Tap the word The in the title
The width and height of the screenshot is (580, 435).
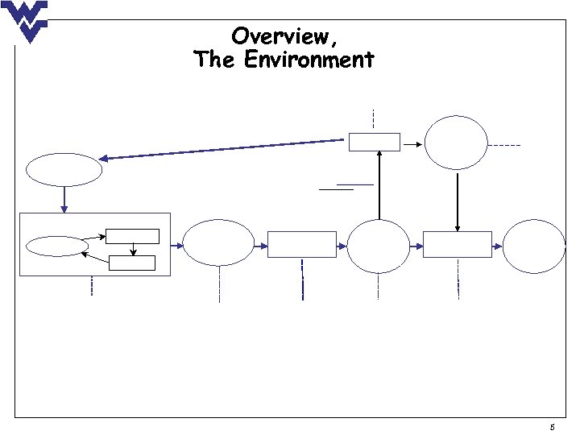coord(213,60)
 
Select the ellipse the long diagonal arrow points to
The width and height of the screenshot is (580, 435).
coord(64,170)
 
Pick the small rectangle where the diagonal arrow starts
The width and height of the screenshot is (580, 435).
coord(374,142)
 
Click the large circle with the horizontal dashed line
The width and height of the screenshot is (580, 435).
coord(457,143)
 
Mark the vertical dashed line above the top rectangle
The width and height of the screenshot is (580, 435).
coord(374,118)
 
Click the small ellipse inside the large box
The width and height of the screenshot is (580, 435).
coord(56,245)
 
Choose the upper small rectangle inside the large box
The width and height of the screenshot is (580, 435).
coord(132,236)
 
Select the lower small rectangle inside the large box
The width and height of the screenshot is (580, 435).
coord(131,261)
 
